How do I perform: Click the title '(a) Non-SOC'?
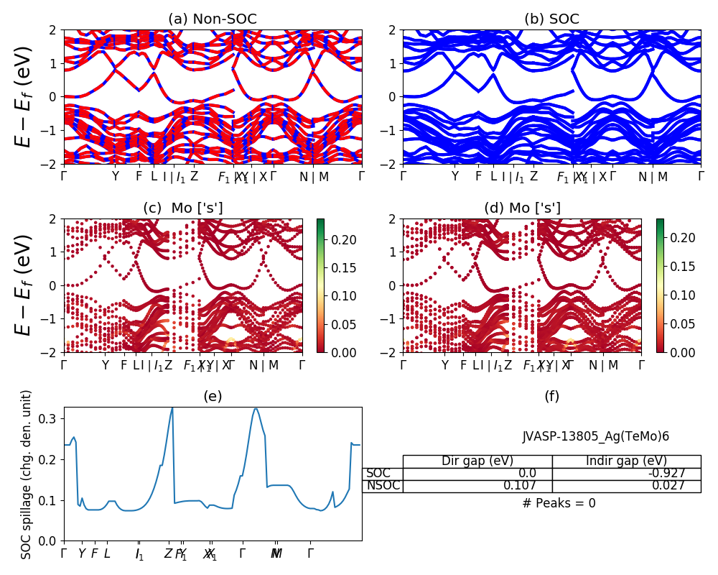[x=213, y=19]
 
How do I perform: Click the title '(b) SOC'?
[x=551, y=19]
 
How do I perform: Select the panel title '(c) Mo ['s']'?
[x=183, y=208]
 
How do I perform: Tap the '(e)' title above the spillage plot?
[x=213, y=396]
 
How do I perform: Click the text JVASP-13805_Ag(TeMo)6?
[x=595, y=436]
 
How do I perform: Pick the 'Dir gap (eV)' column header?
[x=477, y=461]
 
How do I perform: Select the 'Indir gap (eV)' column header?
[x=626, y=461]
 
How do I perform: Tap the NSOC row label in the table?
[x=382, y=486]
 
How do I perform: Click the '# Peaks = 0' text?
[x=559, y=503]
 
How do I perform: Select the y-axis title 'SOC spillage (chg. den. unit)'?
[x=27, y=474]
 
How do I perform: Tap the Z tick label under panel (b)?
[x=533, y=177]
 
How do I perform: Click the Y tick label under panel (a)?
[x=115, y=177]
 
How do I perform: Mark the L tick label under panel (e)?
[x=107, y=553]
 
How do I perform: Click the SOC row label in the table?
[x=378, y=474]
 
